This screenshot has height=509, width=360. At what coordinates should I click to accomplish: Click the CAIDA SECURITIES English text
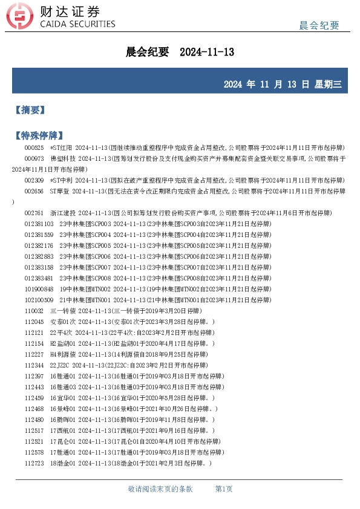(x=77, y=24)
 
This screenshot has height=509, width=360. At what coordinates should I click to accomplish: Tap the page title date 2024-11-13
(x=207, y=53)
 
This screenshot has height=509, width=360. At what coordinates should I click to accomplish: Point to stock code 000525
(x=34, y=148)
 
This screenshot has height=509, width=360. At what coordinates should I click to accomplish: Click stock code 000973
(x=34, y=158)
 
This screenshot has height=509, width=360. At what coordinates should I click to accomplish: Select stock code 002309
(x=34, y=180)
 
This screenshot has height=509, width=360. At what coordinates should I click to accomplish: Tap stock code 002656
(x=34, y=191)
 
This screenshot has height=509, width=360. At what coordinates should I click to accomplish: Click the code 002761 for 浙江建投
(x=34, y=213)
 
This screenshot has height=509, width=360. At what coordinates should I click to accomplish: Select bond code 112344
(x=34, y=365)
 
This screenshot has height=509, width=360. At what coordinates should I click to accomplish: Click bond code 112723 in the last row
(x=34, y=462)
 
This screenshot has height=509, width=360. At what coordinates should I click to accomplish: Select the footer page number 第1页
(x=224, y=488)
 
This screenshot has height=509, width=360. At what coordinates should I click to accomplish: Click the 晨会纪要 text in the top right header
(x=319, y=25)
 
